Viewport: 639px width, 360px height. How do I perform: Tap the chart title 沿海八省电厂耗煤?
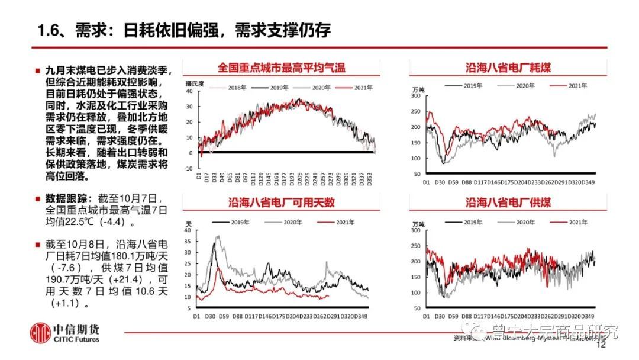[x=508, y=67]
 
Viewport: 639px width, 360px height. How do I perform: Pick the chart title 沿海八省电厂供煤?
[x=508, y=202]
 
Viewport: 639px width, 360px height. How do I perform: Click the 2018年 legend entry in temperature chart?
[x=235, y=88]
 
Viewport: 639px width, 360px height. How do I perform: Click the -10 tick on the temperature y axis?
[x=189, y=168]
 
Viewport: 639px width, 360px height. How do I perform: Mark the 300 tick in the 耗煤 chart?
[x=415, y=95]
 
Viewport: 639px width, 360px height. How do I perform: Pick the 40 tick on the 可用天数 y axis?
[x=189, y=230]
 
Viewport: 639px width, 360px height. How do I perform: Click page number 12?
[x=602, y=345]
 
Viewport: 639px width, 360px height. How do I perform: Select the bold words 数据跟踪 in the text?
[x=66, y=198]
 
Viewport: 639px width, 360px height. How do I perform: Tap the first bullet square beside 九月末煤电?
[x=37, y=70]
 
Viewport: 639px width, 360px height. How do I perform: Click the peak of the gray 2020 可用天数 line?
[x=218, y=237]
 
